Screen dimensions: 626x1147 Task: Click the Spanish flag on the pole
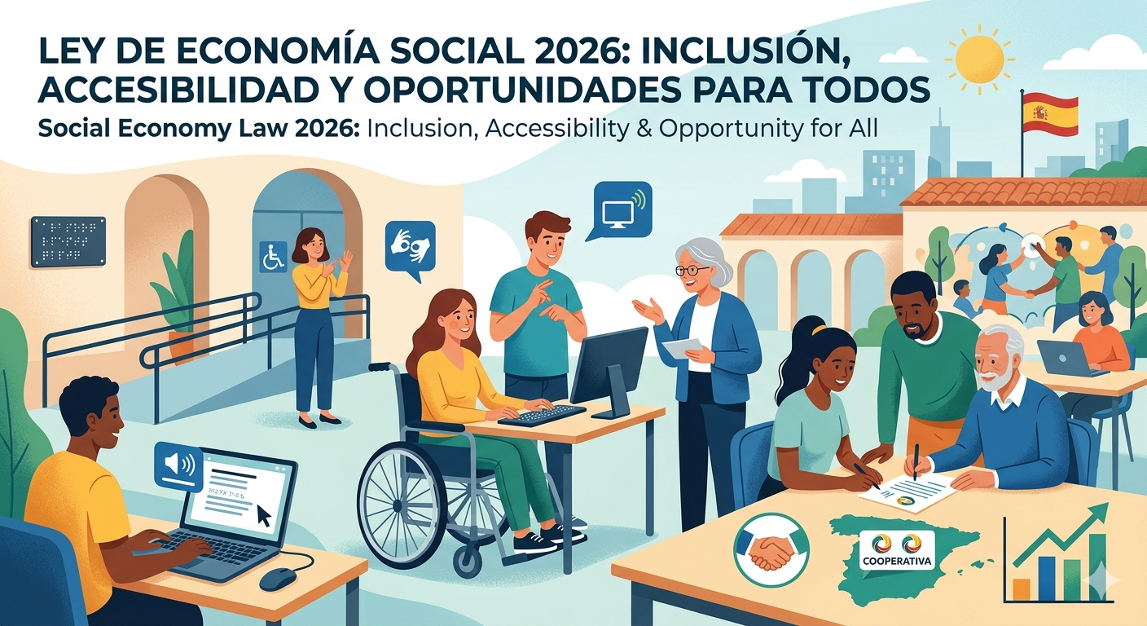coord(1050,113)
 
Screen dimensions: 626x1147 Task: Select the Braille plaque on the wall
coord(68,240)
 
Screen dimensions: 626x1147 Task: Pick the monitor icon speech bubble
coord(622,209)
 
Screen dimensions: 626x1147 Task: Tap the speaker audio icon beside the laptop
coord(178,465)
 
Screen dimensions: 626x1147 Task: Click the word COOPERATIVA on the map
coord(895,562)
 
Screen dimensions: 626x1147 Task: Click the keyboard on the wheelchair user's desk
coord(541,414)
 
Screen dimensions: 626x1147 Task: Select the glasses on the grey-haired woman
coord(692,269)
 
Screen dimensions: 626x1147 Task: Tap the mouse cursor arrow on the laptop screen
coord(262,515)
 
